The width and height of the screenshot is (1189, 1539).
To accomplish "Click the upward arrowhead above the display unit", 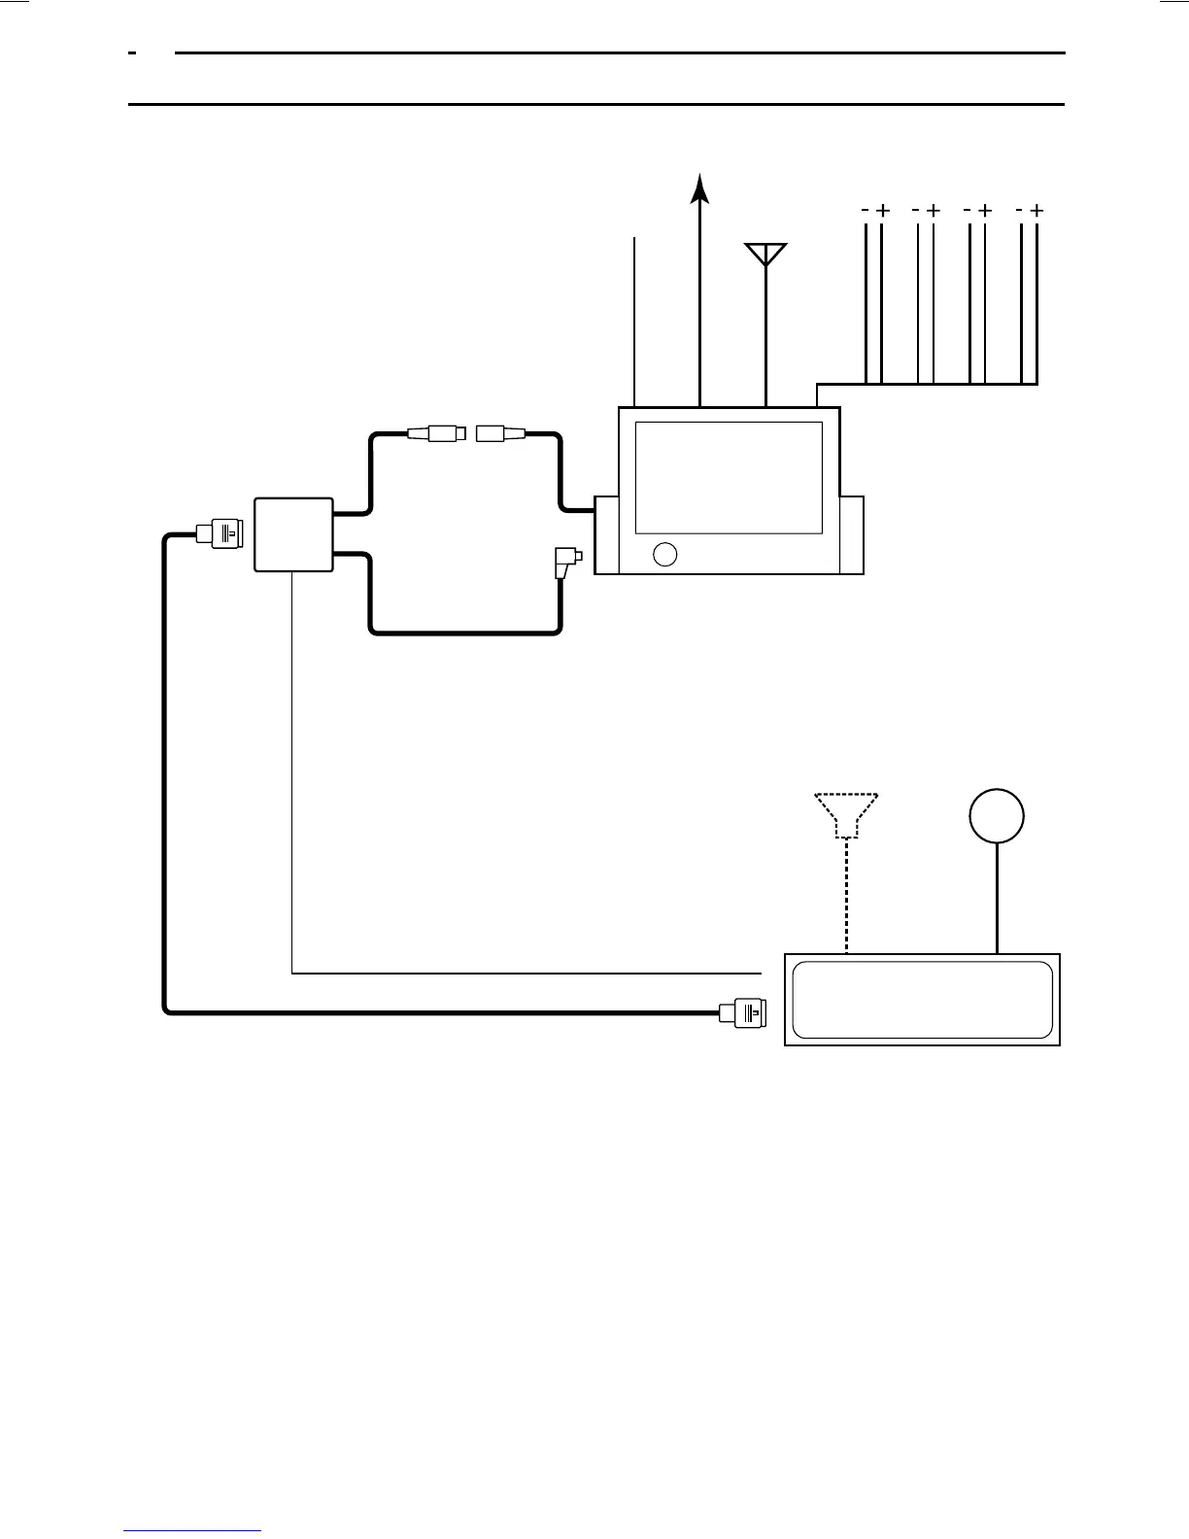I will click(699, 188).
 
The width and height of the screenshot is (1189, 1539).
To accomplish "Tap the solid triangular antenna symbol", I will click(766, 253).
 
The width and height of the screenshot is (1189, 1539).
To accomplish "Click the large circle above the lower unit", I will click(997, 815).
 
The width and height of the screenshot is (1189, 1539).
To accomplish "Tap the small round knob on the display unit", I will click(665, 554).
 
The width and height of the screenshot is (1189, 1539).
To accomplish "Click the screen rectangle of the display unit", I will click(729, 477).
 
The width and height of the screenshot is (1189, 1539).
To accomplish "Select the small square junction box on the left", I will click(293, 535).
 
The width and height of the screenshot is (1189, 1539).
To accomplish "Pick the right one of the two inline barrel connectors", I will click(500, 433).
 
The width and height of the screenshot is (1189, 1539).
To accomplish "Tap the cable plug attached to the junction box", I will click(222, 532).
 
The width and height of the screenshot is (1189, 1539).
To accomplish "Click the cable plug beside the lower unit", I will click(743, 1012).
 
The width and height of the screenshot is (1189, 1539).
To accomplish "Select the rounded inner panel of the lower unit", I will click(922, 1000).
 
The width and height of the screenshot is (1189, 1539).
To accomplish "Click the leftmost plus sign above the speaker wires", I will click(882, 210).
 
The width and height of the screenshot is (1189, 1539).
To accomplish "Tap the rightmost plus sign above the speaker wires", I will click(1036, 210).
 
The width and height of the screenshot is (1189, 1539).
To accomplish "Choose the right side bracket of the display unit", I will click(852, 535).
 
